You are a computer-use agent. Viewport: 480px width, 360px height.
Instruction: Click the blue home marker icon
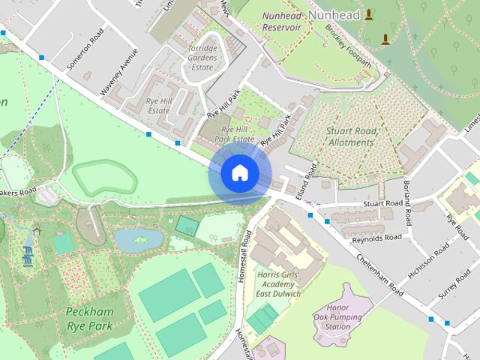point(239,173)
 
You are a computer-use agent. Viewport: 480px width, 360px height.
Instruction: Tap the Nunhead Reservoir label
point(281,21)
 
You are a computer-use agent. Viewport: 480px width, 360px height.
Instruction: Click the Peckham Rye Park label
point(88,318)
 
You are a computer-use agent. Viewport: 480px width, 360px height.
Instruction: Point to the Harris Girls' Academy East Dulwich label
point(278,284)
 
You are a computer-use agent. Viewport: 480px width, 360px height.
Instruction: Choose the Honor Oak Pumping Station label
point(342,317)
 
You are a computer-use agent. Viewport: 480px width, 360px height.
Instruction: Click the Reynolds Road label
point(377,238)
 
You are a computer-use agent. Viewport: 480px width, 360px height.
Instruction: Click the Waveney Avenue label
point(120,72)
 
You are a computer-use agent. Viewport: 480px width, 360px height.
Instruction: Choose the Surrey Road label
point(454,282)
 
